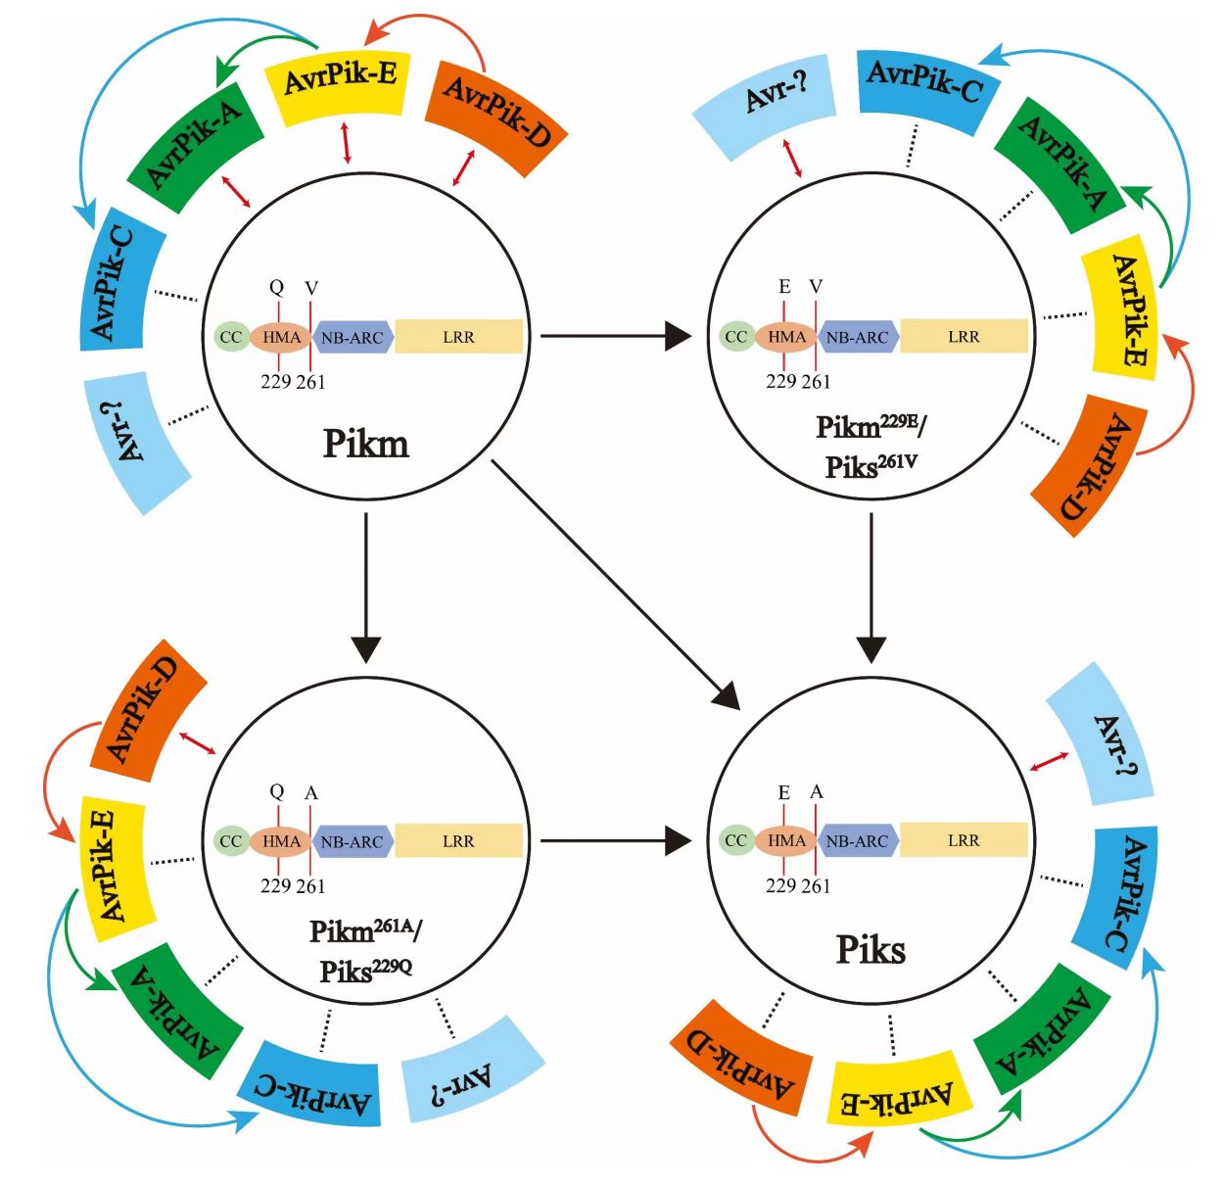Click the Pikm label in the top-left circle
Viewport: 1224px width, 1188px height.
365,444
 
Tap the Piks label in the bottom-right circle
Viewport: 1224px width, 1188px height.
871,949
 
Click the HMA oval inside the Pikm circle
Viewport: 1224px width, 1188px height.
282,337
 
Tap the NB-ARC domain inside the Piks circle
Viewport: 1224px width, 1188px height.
858,840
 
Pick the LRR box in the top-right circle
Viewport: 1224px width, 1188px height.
964,337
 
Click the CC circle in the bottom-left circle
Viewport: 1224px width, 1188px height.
231,841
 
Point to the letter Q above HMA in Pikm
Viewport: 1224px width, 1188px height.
277,287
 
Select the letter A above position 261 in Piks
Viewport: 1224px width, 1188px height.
817,791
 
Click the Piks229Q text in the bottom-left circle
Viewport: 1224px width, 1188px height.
365,971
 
